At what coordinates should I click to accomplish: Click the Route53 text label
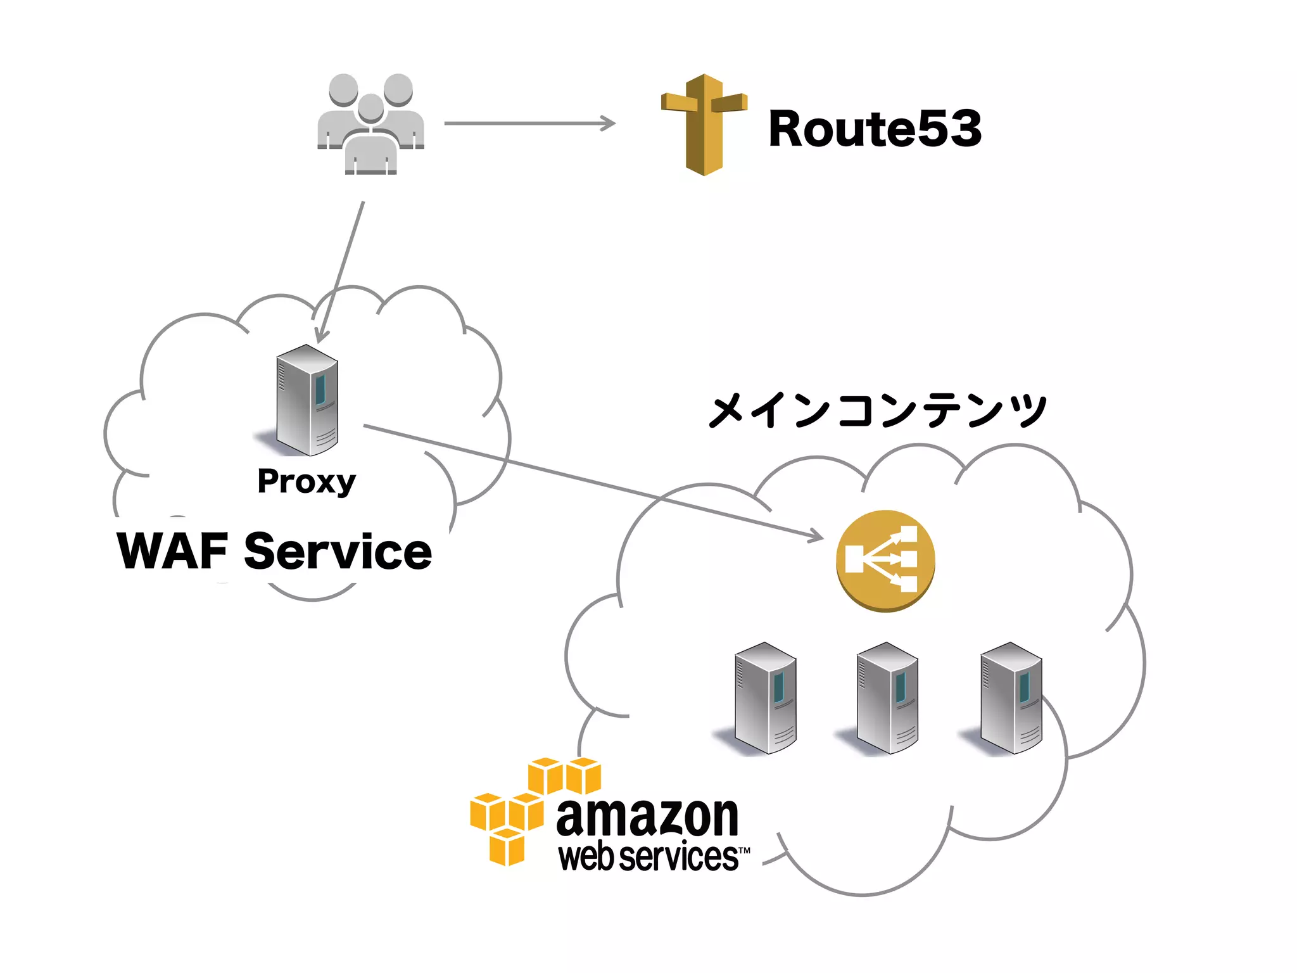(x=874, y=129)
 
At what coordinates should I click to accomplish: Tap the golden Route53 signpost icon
(x=704, y=124)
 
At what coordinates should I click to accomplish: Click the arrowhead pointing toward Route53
(x=608, y=124)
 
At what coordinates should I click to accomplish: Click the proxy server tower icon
(x=307, y=400)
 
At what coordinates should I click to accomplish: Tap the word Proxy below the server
(x=307, y=482)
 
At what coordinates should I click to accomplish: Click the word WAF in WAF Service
(x=172, y=551)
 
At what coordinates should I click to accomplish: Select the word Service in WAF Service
(x=338, y=551)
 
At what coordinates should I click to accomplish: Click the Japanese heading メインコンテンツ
(x=877, y=410)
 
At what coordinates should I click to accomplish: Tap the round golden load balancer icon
(x=885, y=561)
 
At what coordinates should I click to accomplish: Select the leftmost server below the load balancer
(x=765, y=698)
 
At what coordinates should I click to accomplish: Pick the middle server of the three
(x=887, y=698)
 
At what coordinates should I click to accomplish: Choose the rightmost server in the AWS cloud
(x=1011, y=698)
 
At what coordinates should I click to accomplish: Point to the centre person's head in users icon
(x=370, y=108)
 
